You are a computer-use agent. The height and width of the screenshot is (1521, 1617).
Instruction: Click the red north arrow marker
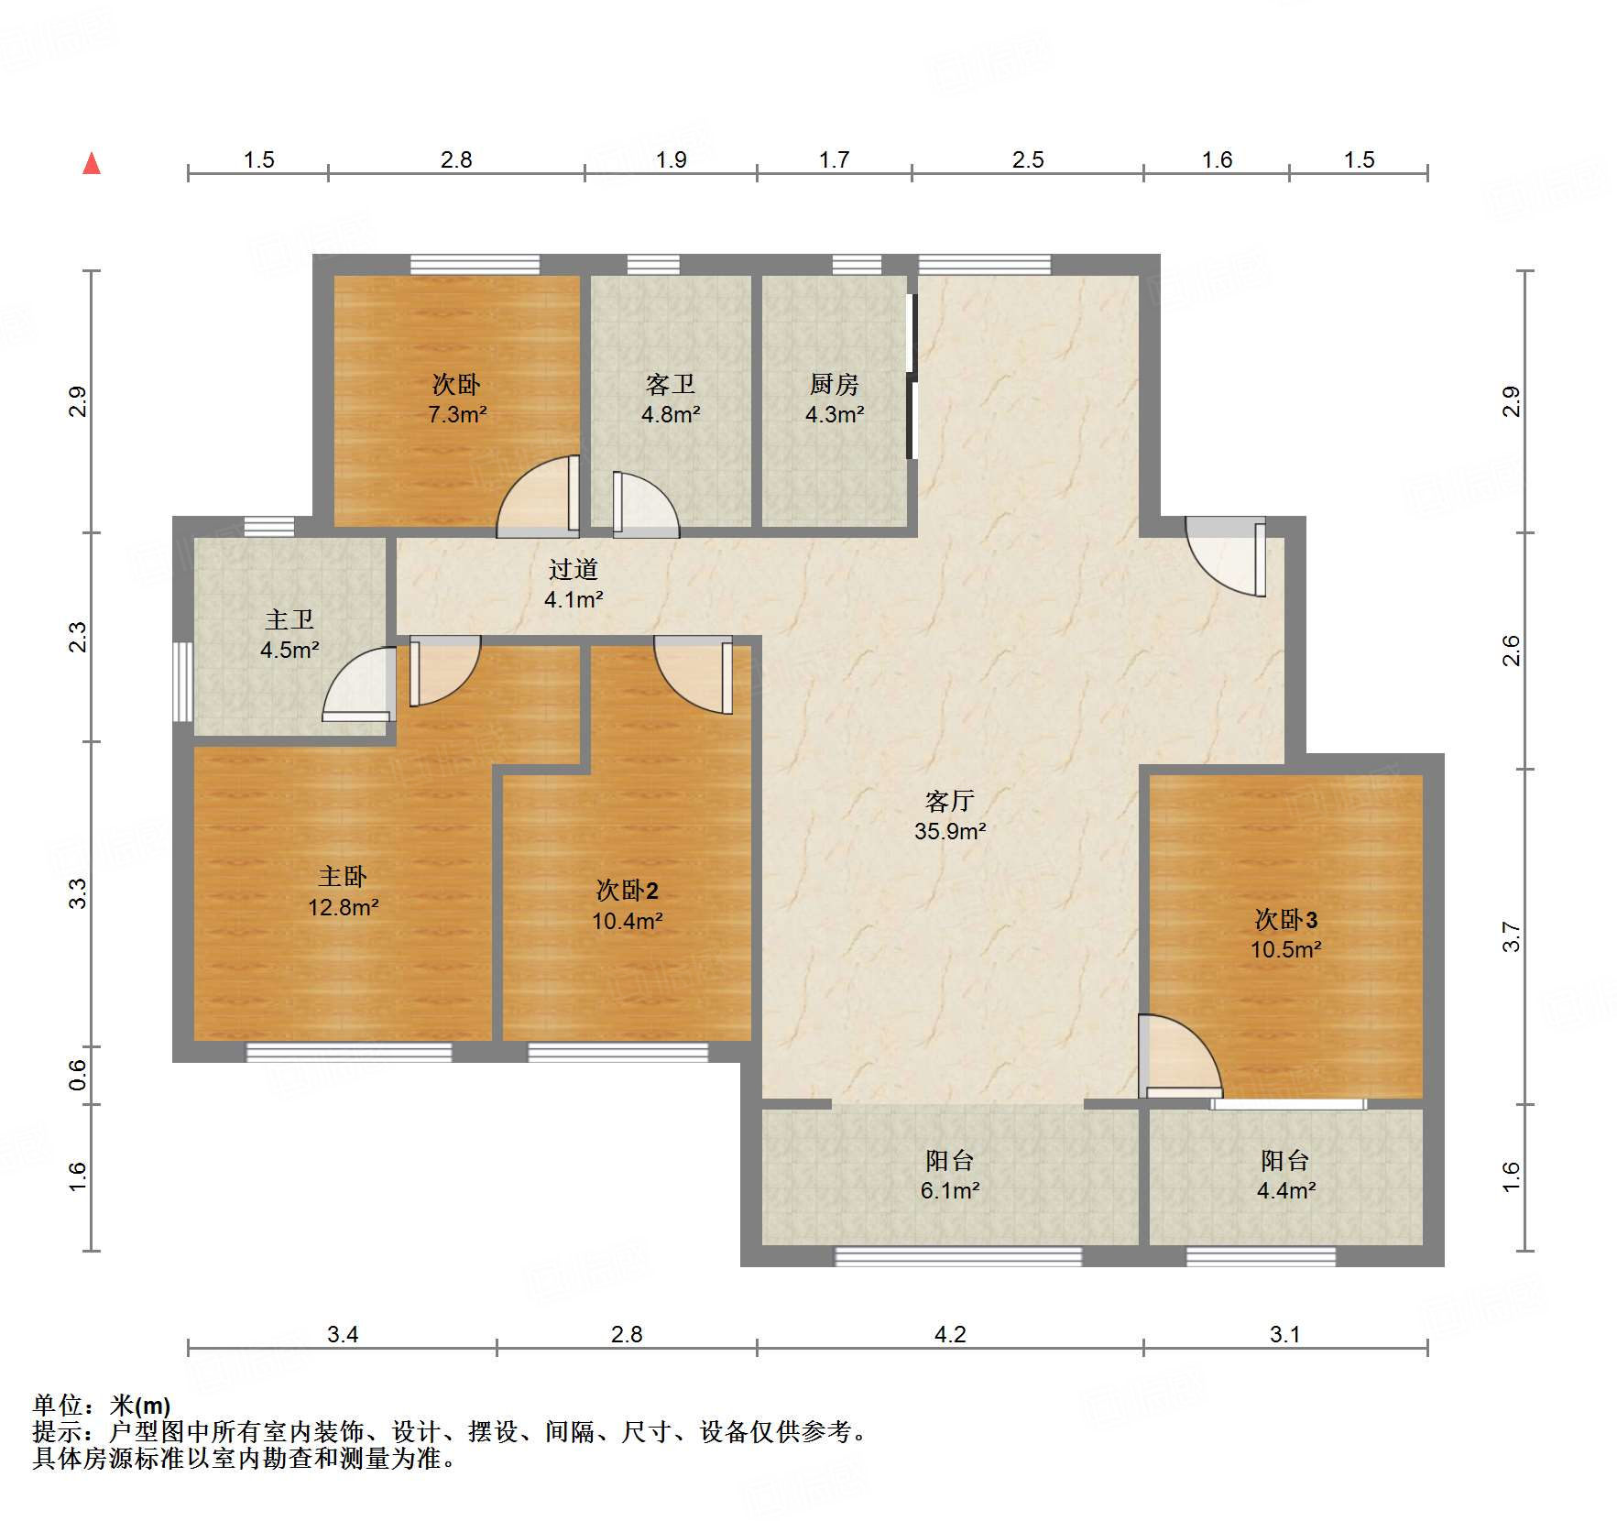coord(92,164)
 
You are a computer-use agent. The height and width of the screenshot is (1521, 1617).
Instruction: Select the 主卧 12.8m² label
coord(343,892)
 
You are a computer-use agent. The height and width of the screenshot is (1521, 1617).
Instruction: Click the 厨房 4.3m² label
coord(834,399)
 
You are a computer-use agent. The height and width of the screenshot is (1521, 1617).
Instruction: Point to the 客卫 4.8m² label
coord(671,399)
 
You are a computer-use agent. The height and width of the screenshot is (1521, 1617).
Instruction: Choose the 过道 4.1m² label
coord(574,585)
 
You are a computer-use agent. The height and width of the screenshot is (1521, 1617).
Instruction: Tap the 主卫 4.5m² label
coord(290,635)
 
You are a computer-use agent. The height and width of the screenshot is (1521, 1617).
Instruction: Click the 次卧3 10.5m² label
coord(1285,934)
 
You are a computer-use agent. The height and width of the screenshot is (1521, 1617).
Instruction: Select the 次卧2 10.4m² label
coord(627,905)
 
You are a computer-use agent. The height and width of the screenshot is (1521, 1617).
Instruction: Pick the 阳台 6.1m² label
coord(950,1176)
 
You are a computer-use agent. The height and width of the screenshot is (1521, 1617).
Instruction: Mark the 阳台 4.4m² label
coord(1285,1176)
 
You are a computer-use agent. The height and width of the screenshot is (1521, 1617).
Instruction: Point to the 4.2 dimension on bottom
coord(950,1334)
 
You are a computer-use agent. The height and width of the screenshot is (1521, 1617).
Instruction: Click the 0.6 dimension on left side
coord(78,1074)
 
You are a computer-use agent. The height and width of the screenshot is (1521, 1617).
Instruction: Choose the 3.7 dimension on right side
coord(1511,936)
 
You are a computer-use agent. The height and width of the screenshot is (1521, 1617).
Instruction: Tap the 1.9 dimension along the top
coord(671,159)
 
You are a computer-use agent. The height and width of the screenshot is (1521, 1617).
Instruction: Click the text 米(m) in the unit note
coord(140,1405)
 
